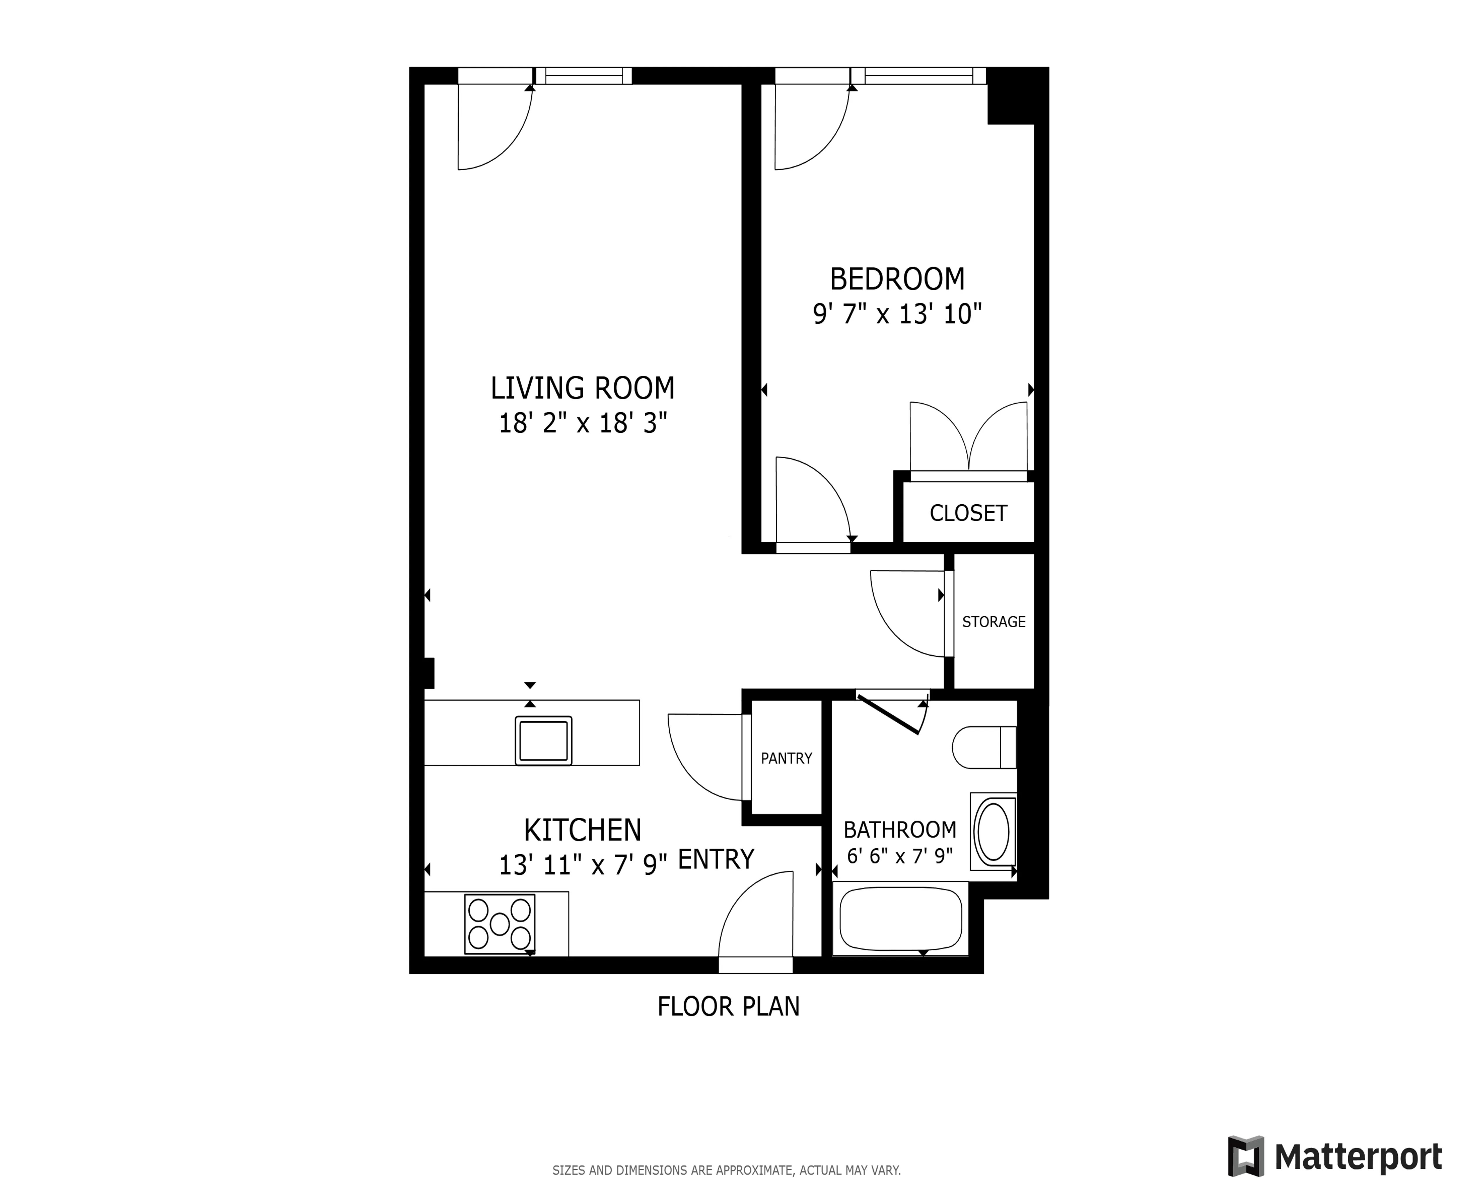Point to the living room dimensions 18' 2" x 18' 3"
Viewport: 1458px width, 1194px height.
582,423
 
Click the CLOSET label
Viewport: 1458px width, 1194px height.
968,513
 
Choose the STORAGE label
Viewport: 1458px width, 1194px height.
993,622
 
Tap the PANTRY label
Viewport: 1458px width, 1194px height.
786,758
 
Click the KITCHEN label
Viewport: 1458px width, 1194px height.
582,830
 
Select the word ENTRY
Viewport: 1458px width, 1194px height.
716,860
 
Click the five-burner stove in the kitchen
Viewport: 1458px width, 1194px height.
500,924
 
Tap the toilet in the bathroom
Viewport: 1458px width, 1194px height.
984,747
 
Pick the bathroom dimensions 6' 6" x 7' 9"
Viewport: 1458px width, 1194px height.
899,856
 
